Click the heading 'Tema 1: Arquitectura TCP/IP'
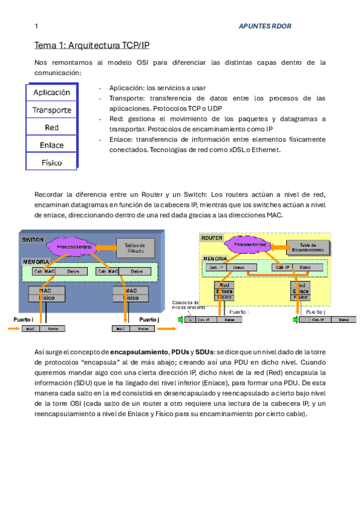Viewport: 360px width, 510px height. tap(91, 46)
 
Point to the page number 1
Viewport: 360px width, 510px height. tap(37, 26)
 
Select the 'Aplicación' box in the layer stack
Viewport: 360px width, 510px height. tap(52, 93)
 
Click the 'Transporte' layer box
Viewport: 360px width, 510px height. tap(52, 110)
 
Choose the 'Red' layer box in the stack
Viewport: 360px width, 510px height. tap(52, 127)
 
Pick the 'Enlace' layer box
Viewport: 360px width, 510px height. tap(52, 145)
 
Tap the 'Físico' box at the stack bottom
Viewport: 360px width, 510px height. tap(52, 162)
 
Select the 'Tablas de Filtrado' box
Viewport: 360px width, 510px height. tap(135, 247)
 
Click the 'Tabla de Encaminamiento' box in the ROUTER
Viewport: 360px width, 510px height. tap(308, 247)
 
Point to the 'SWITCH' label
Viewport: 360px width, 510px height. tap(32, 239)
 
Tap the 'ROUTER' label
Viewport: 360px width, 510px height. tap(212, 238)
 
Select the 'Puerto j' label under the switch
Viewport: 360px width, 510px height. tap(148, 319)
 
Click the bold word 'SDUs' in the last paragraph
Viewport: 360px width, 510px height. tap(204, 351)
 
